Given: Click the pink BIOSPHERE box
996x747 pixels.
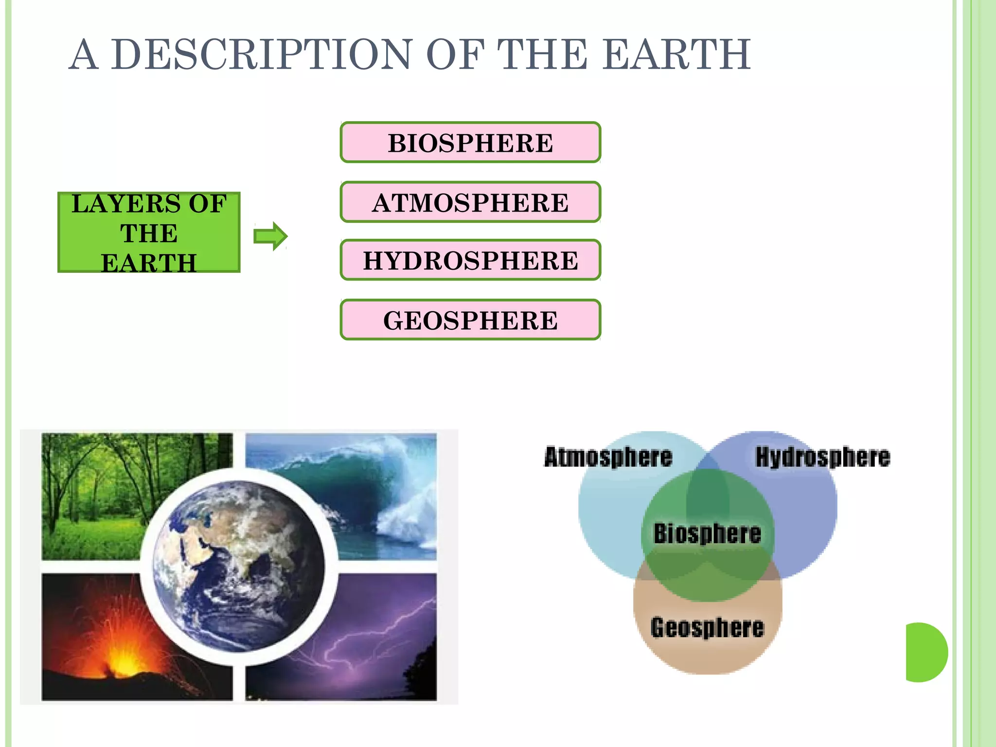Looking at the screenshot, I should click(470, 142).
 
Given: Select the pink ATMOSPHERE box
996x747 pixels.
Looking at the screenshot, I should click(470, 202).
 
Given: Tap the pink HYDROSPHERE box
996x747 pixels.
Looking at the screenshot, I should click(470, 260).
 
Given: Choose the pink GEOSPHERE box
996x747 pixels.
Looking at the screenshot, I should click(470, 320).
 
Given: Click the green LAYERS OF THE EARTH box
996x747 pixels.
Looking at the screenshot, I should click(149, 232).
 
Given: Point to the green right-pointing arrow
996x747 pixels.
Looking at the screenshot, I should click(270, 236).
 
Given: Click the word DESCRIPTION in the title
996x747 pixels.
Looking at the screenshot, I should click(262, 54).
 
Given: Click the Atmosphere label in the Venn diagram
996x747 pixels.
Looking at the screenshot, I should click(608, 457).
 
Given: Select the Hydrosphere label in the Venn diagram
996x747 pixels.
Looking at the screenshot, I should click(822, 457).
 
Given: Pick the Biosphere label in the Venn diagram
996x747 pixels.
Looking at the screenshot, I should click(707, 534).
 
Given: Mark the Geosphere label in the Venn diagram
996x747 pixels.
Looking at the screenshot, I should click(707, 627).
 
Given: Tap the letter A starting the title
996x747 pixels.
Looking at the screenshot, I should click(83, 54).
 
